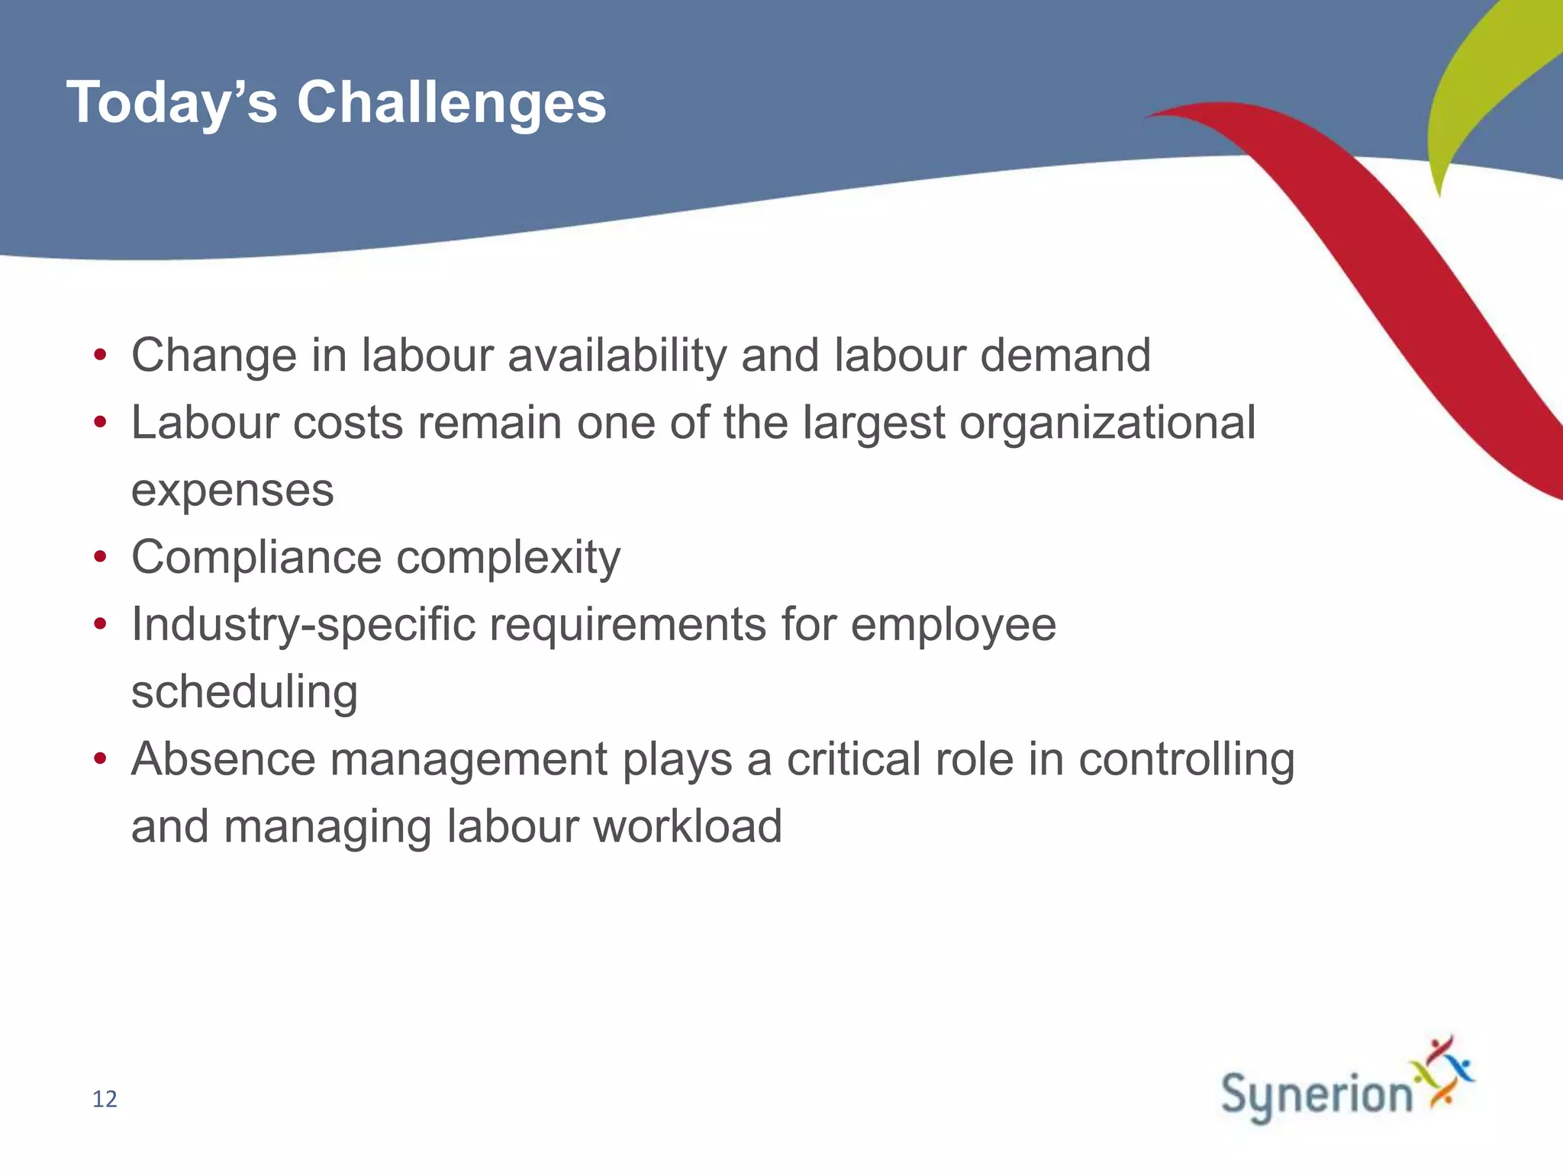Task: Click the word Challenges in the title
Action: [451, 102]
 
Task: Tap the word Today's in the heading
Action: [172, 102]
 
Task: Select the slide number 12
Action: [105, 1099]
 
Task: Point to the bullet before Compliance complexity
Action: [100, 558]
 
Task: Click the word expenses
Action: [232, 491]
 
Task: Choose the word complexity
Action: [508, 558]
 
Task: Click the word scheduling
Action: [244, 692]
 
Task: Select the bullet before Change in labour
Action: [100, 356]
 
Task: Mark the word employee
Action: [953, 625]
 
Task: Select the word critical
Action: [853, 759]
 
